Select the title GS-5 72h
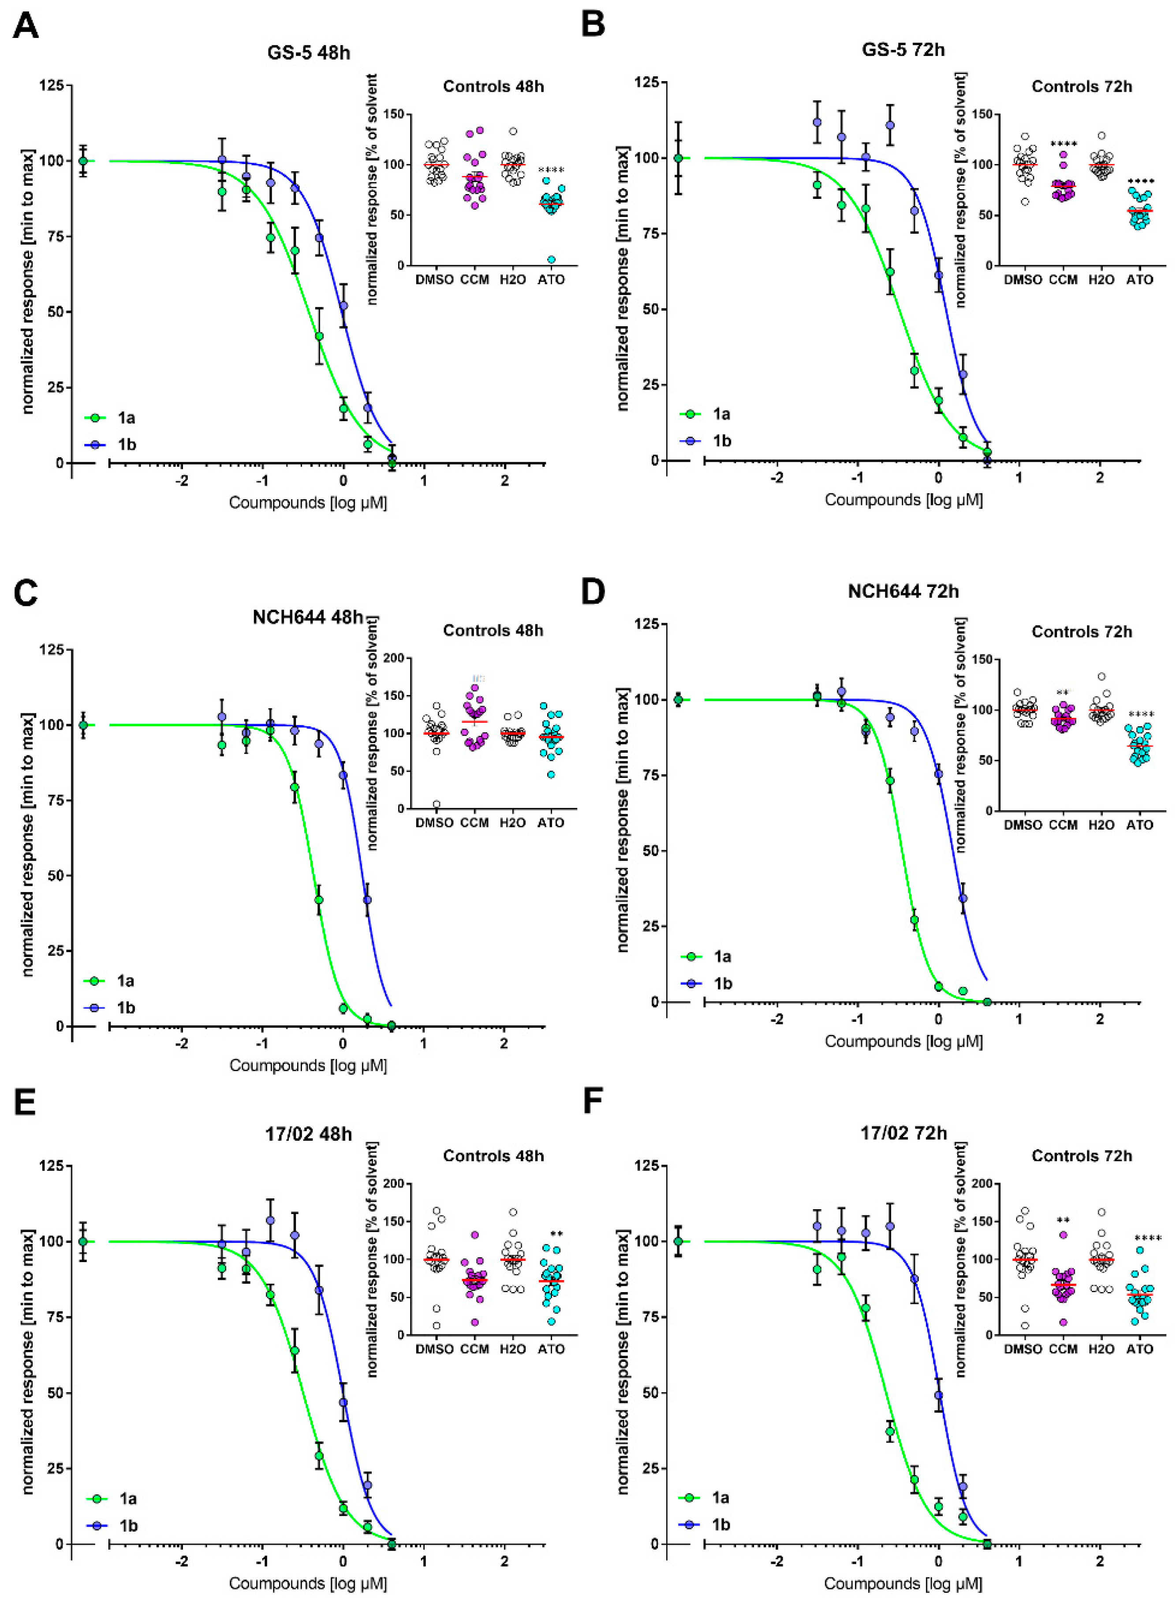coord(903,50)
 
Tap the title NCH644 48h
coord(308,617)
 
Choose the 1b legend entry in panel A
coord(127,445)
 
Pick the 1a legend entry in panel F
coord(721,1498)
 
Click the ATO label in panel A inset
coord(551,280)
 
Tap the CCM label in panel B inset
coord(1064,280)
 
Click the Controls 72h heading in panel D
coord(1081,632)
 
